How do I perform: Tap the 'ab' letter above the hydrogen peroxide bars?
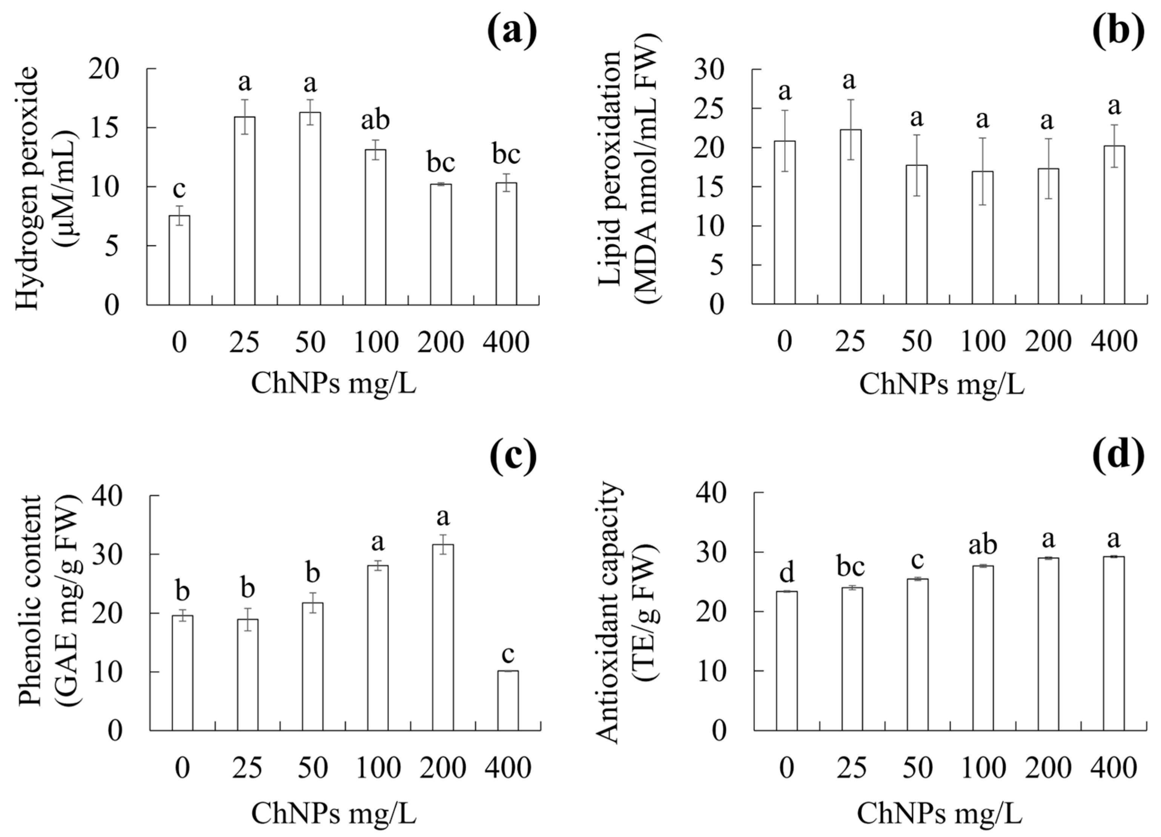tap(375, 120)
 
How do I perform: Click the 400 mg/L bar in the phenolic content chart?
tap(508, 701)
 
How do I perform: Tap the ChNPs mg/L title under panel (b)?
tap(941, 385)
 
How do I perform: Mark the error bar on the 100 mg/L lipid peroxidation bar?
tap(982, 171)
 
